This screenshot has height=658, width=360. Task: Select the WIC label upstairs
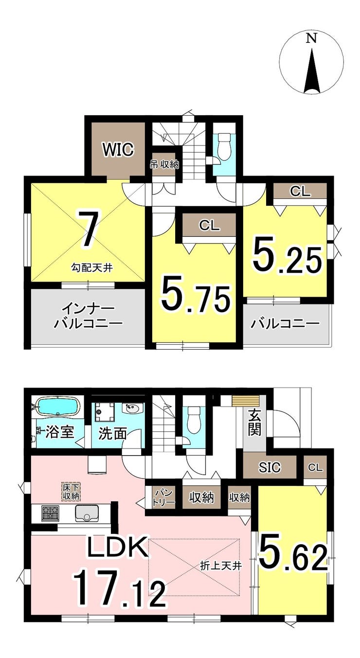[x=117, y=150]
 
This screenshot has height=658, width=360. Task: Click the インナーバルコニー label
[x=88, y=317]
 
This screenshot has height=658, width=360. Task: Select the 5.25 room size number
[x=287, y=259]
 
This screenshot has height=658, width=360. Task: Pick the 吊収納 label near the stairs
[x=164, y=164]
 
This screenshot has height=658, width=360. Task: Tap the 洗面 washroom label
[x=113, y=433]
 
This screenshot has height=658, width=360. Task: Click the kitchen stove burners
[x=50, y=513]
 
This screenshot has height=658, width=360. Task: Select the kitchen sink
[x=87, y=513]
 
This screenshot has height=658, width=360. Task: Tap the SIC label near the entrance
[x=270, y=468]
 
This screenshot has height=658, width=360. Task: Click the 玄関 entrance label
[x=254, y=422]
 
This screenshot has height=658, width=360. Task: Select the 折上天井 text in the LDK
[x=221, y=566]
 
